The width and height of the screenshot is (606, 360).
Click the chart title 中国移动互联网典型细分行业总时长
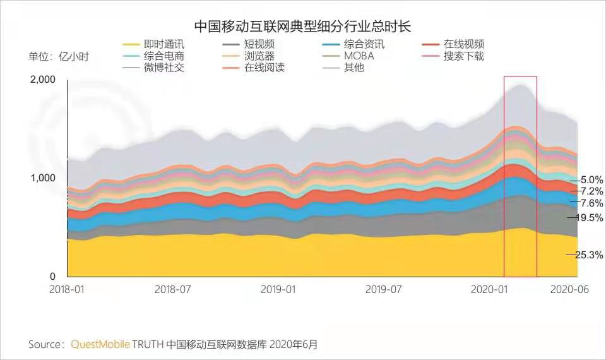coord(302,26)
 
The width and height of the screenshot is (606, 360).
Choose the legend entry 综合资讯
coord(364,44)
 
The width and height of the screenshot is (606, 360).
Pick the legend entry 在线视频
coord(463,44)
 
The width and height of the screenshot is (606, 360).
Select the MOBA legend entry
coord(359,56)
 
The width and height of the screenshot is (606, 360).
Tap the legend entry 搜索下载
coord(463,56)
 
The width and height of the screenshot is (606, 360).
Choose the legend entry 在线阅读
coord(264,67)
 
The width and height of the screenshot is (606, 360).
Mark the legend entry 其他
coord(353,67)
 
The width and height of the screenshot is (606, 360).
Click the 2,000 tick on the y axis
coord(43,79)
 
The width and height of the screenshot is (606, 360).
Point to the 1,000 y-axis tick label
coord(43,178)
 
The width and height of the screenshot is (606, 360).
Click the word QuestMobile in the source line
coord(100,344)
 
